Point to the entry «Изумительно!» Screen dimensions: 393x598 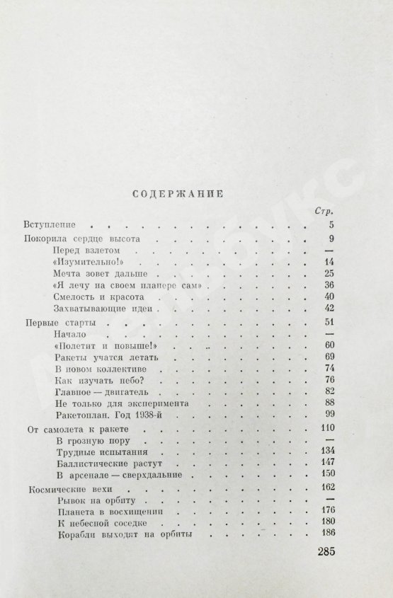pyautogui.click(x=84, y=261)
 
